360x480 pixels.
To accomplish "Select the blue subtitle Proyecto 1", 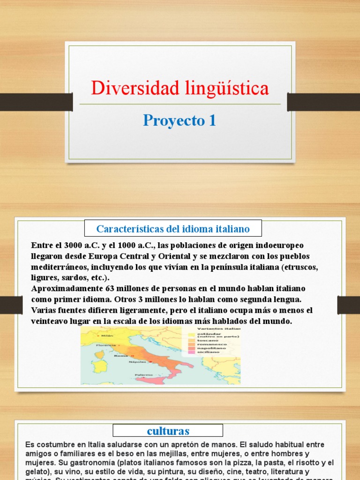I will click(180, 120).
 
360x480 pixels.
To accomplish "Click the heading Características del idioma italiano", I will click(173, 229).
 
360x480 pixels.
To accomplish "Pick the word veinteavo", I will click(51, 321).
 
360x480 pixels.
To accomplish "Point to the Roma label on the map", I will click(120, 356).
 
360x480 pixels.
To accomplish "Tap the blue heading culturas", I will click(168, 430).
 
